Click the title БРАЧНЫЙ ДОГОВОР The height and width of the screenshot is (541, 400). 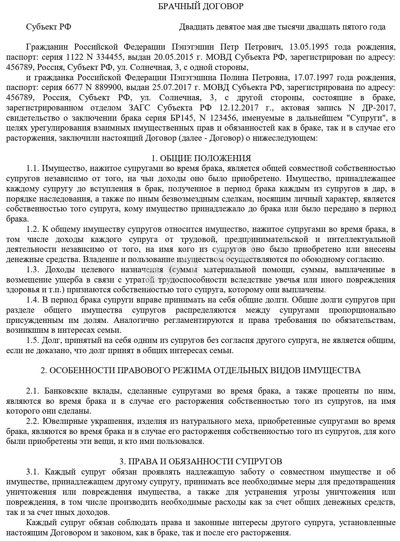pos(200,6)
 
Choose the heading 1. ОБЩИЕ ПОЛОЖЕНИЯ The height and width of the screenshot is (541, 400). pos(201,158)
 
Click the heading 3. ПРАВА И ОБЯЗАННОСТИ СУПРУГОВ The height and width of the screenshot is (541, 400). pos(201,461)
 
